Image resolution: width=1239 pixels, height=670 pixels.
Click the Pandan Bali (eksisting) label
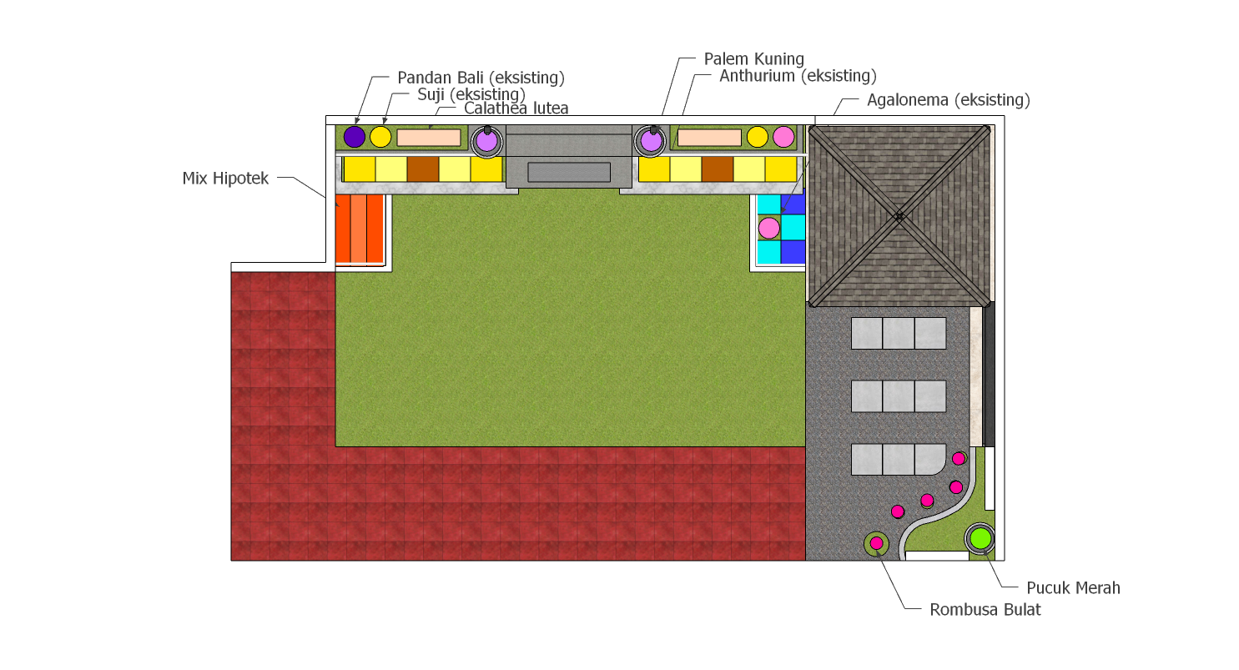tap(481, 78)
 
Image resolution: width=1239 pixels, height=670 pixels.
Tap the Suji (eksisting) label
tap(471, 94)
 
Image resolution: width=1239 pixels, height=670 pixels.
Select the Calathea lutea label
tap(516, 108)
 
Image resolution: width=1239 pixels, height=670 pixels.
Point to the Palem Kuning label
tap(753, 58)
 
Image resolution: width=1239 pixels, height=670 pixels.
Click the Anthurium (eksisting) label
tap(798, 76)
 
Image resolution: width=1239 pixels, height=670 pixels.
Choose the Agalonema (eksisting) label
tap(948, 100)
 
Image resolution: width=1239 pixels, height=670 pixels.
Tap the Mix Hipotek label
tap(225, 179)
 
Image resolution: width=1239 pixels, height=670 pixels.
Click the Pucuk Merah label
tap(1073, 587)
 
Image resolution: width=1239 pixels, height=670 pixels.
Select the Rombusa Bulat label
tap(985, 610)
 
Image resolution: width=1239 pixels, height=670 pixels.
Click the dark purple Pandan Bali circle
tap(354, 137)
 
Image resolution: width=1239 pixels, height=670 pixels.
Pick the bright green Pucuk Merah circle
tap(980, 538)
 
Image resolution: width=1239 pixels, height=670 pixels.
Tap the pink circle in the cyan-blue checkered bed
tap(768, 228)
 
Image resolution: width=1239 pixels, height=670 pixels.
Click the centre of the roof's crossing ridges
tap(899, 216)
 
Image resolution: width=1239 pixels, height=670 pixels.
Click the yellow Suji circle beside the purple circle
tap(380, 137)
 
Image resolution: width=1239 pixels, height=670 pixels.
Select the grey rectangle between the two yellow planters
tap(569, 172)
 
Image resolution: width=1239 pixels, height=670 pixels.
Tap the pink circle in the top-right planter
tap(783, 137)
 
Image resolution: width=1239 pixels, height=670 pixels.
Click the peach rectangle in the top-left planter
tap(429, 138)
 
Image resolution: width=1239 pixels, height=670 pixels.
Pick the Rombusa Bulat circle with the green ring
tap(876, 543)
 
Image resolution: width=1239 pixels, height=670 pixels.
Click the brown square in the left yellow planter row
tap(423, 169)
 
